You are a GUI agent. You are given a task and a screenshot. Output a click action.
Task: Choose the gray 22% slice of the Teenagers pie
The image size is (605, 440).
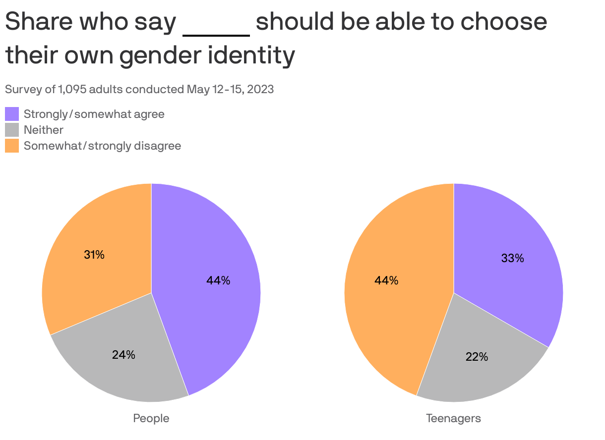pos(476,367)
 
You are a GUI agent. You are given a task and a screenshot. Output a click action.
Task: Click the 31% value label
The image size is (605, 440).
pos(94,255)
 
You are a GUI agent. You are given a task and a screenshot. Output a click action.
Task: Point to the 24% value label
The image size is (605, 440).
pos(123,355)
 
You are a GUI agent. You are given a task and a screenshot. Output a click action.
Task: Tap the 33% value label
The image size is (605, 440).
pos(512,258)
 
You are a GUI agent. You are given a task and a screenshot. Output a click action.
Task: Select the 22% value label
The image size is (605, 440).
pos(477,357)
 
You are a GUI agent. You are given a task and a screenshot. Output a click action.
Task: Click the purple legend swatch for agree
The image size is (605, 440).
pos(12,114)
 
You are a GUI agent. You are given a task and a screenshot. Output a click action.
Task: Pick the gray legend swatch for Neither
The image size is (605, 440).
pos(12,130)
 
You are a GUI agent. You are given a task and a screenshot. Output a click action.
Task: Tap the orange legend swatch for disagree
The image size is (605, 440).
pos(12,146)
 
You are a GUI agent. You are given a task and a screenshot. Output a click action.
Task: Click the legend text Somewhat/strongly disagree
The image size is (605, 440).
pos(102,146)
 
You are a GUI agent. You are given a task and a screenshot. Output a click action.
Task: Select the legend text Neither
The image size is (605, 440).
pos(44,130)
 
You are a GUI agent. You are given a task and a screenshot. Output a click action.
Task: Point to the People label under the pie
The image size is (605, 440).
pos(151,418)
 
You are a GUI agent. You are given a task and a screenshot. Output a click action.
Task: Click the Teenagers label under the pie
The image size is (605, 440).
pos(453,418)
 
